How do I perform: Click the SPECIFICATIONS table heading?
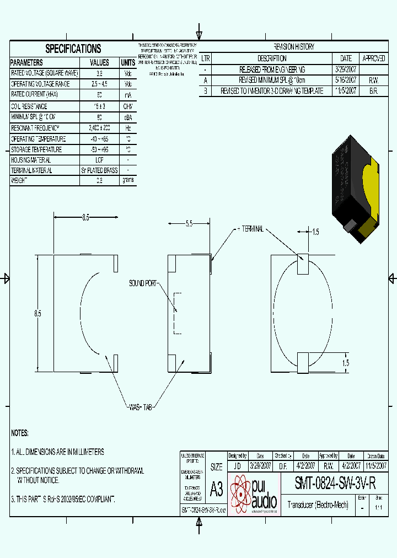point(73,49)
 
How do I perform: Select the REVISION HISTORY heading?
point(294,47)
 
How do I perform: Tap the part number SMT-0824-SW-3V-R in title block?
point(335,484)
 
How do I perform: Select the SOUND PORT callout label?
point(143,283)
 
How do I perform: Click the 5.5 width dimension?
point(189,224)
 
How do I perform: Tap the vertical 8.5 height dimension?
point(37,313)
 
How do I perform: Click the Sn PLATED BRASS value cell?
point(99,170)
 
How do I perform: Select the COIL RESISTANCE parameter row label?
point(29,106)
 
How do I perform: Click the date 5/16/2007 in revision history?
point(346,80)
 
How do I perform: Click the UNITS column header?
point(128,62)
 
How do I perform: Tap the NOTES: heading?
point(20,433)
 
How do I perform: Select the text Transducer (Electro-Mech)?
point(318,505)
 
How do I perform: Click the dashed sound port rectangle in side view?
point(177,313)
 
